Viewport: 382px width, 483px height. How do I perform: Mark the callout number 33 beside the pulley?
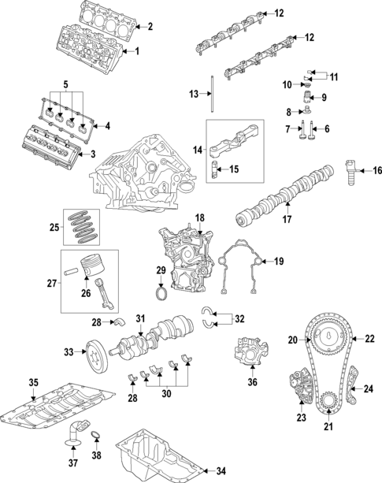69,352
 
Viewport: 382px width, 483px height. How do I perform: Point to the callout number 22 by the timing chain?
369,339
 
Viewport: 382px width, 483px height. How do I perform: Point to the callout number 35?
33,383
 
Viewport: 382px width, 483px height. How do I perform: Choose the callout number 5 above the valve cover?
65,84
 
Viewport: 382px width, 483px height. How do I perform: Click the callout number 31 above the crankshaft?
140,318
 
